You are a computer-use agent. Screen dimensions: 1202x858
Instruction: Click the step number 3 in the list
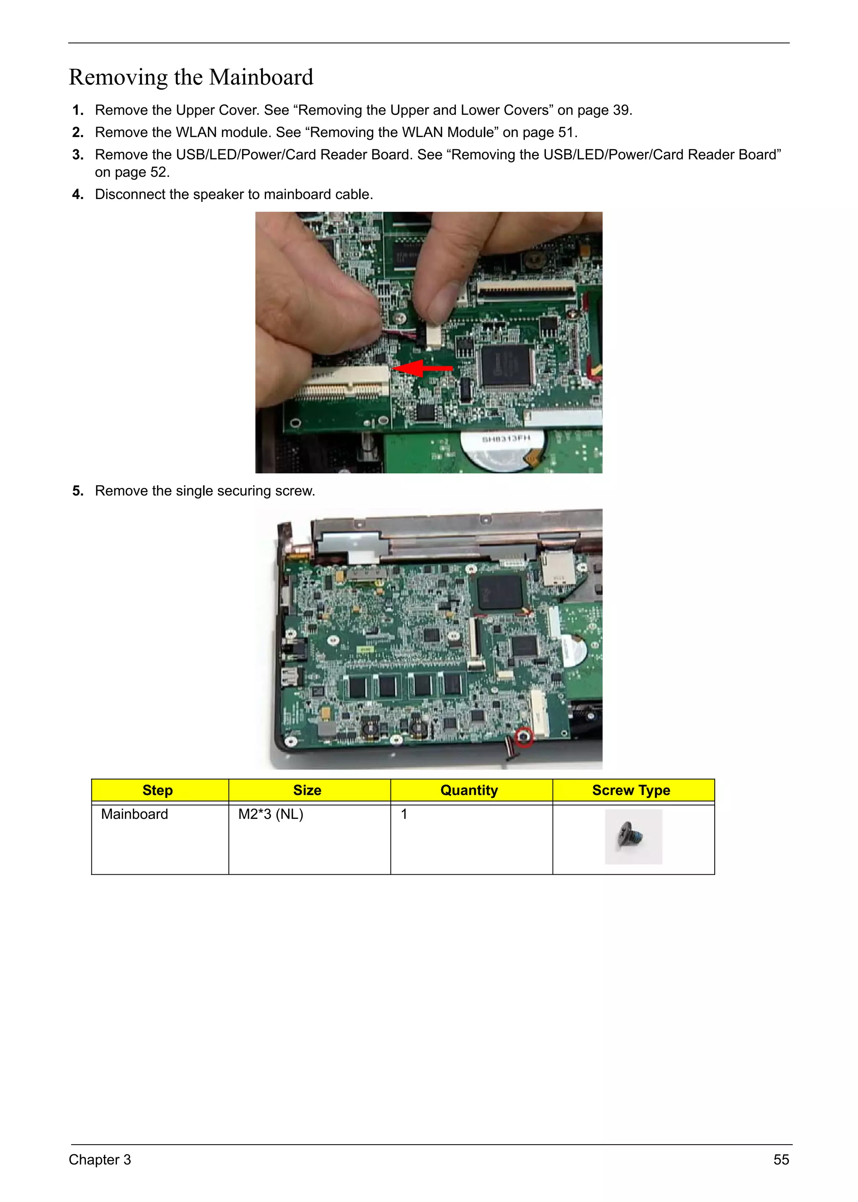click(78, 155)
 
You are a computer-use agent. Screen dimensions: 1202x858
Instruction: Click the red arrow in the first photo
click(423, 368)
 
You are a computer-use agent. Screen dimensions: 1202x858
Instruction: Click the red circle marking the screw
click(524, 736)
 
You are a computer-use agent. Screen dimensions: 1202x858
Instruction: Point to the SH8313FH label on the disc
click(505, 438)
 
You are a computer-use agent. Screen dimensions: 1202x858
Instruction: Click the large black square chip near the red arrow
click(506, 365)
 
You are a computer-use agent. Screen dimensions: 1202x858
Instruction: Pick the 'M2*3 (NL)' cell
click(271, 814)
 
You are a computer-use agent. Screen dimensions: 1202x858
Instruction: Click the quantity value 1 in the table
click(404, 814)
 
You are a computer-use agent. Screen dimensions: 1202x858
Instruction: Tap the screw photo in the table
click(633, 837)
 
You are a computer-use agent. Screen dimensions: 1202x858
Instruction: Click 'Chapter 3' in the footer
click(99, 1159)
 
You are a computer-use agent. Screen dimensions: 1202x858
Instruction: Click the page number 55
click(781, 1159)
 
